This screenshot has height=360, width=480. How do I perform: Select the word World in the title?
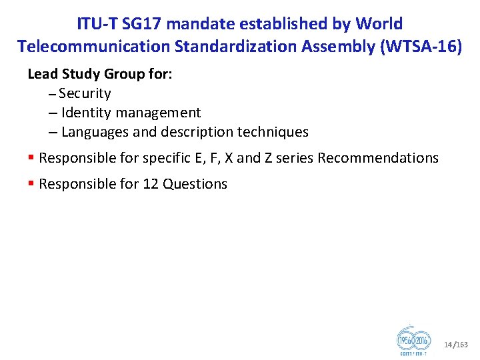point(379,25)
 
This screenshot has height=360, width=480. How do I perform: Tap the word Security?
point(85,93)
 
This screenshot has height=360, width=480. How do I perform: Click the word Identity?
point(83,113)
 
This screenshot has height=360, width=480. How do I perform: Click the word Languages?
point(95,132)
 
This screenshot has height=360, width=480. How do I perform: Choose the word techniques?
point(272,132)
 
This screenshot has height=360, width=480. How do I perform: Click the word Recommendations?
point(378,158)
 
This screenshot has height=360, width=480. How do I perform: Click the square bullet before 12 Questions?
point(31,184)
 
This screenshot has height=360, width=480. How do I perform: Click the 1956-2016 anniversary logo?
point(413,341)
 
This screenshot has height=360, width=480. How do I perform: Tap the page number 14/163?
point(456,345)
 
